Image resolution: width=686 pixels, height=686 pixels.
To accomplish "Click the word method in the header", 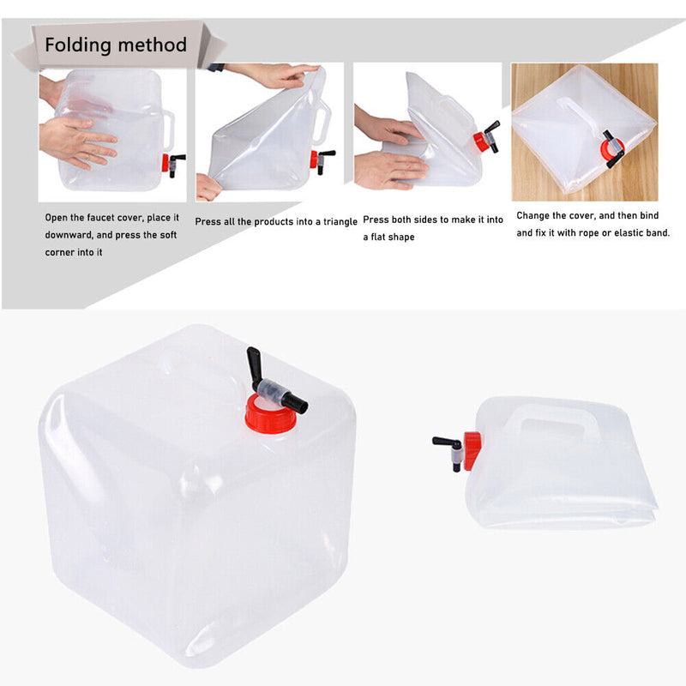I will point(154,45).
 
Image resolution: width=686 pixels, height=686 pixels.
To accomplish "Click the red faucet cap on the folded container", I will point(471,447).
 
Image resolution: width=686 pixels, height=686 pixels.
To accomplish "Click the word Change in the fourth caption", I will point(534,216).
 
